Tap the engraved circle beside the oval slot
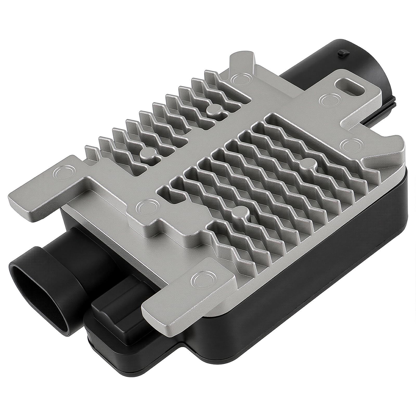click(326, 99)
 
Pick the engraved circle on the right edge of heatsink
click(348, 144)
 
